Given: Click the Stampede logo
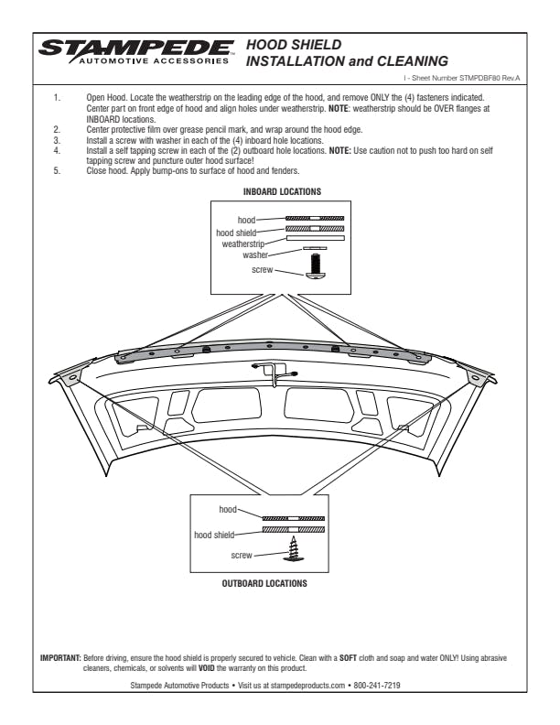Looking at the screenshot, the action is (x=135, y=51).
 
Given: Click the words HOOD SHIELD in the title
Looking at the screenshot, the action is (x=294, y=45).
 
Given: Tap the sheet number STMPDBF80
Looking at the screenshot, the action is (x=479, y=78).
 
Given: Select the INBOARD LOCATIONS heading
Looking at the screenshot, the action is (x=282, y=191).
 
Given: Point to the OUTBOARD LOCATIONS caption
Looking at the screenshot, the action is (x=264, y=583).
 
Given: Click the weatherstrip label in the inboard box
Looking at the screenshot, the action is (x=243, y=243).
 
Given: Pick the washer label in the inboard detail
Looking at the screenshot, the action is (x=255, y=254).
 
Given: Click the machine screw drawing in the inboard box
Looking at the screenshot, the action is (x=317, y=265).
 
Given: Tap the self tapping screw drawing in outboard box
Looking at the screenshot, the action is (x=294, y=549).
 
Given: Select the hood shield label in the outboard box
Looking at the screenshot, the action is (x=214, y=535).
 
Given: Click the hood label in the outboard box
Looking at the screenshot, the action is (x=228, y=509).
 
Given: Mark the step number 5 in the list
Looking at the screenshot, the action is (x=57, y=170).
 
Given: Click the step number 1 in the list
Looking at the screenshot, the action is (x=57, y=98).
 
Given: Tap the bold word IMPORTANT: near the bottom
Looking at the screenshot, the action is (x=60, y=658).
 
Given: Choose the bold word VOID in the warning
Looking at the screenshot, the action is (x=206, y=668).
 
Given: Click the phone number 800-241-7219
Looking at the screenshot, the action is (x=377, y=686).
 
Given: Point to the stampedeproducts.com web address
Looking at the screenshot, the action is (x=307, y=686).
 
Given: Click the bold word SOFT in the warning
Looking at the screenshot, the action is (x=348, y=658).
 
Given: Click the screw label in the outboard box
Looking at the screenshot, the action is (x=242, y=555).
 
